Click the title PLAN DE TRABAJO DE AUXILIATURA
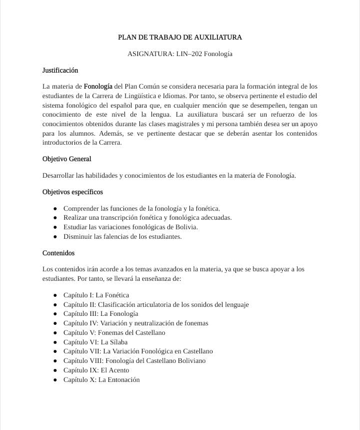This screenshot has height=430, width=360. click(179, 37)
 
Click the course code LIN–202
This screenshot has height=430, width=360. click(189, 54)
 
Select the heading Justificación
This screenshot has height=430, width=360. click(60, 70)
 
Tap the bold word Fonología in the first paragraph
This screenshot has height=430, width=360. click(98, 86)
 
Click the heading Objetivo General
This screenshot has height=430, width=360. click(66, 159)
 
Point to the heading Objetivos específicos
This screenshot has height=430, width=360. click(72, 192)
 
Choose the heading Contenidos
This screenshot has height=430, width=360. click(58, 253)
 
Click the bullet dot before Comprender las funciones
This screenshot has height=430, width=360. click(55, 208)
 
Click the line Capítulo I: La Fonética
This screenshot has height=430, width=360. click(96, 295)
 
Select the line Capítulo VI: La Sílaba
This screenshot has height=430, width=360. click(95, 342)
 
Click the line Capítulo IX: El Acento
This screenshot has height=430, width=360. click(96, 370)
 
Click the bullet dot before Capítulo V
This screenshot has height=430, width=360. click(55, 332)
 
